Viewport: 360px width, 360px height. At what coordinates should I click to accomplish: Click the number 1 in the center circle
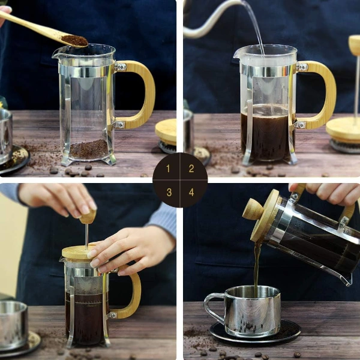click(169, 169)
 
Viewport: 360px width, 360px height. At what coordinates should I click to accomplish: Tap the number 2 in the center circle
click(191, 169)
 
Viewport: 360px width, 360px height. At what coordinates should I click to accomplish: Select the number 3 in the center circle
click(169, 192)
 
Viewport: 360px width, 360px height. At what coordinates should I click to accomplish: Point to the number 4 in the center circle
click(191, 192)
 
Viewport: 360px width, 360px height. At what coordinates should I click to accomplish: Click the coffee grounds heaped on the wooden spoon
click(74, 41)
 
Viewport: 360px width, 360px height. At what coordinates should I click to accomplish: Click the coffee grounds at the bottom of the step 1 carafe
click(89, 149)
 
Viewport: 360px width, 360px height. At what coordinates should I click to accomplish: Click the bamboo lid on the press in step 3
click(78, 252)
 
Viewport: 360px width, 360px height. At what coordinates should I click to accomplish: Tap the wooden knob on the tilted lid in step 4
click(253, 209)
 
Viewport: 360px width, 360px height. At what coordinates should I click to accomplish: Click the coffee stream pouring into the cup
click(256, 264)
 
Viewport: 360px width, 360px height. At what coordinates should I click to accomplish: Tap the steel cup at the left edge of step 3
click(12, 324)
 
